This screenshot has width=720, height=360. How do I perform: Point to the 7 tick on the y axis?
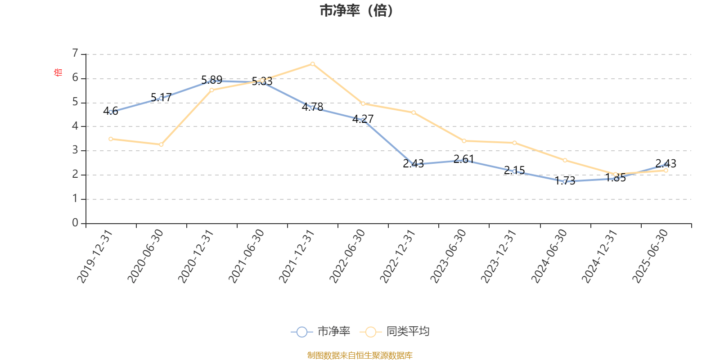click(76, 54)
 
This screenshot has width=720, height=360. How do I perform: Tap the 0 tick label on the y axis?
click(76, 223)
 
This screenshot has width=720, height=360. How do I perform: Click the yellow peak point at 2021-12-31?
click(313, 64)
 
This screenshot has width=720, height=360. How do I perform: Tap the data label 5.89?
click(211, 80)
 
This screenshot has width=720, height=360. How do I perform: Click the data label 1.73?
click(565, 181)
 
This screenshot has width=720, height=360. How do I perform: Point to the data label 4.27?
click(363, 119)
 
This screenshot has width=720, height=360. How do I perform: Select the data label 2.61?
click(463, 159)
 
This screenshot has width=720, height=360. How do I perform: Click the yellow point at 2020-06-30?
click(161, 144)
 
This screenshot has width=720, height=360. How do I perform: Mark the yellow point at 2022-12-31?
click(414, 112)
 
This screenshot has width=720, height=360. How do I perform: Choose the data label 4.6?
click(111, 111)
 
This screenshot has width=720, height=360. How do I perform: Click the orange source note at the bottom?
click(360, 355)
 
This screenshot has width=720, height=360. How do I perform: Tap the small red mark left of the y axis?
click(57, 72)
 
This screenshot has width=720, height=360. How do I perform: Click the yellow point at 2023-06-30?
click(464, 141)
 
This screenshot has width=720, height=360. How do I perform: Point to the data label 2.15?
click(514, 171)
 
